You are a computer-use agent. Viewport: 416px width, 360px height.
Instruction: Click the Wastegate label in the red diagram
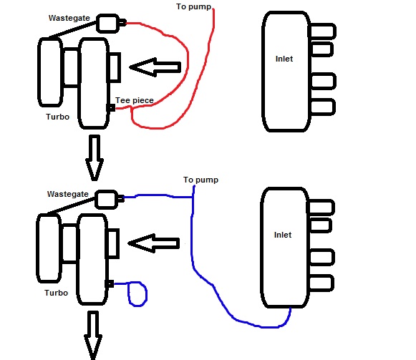coord(69,18)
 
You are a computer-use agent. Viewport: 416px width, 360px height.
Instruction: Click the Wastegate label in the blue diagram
coord(67,194)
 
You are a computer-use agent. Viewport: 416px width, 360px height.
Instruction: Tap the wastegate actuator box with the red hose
coord(107,24)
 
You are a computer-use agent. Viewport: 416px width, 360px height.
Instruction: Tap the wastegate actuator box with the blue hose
coord(107,200)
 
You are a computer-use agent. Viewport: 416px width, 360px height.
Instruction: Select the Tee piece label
coord(135,100)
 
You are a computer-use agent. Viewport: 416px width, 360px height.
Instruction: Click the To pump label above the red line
coord(193,6)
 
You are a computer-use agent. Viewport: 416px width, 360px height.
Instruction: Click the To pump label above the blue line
coord(200,180)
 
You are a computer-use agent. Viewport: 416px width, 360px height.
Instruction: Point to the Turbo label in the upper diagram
coord(57,117)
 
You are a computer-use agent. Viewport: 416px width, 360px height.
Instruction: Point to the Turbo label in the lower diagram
coord(57,293)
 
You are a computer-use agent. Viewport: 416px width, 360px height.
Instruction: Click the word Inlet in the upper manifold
coord(284,59)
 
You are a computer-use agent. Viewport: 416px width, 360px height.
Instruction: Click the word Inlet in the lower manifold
coord(283,235)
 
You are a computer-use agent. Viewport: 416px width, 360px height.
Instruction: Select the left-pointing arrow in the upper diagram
coord(155,67)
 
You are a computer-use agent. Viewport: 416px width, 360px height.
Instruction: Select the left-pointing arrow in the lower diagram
coord(154,243)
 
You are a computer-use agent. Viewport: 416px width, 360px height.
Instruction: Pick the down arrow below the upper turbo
coord(95,158)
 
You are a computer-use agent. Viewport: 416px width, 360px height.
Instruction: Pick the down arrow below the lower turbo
coord(93,336)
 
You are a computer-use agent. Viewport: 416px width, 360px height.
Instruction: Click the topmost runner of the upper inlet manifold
coord(322,31)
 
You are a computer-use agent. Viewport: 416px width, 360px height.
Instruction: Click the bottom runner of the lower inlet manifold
coord(321,283)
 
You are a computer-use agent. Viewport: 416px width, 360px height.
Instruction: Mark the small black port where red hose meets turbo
coord(111,108)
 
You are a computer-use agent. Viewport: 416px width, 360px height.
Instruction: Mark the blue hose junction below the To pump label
coord(193,197)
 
